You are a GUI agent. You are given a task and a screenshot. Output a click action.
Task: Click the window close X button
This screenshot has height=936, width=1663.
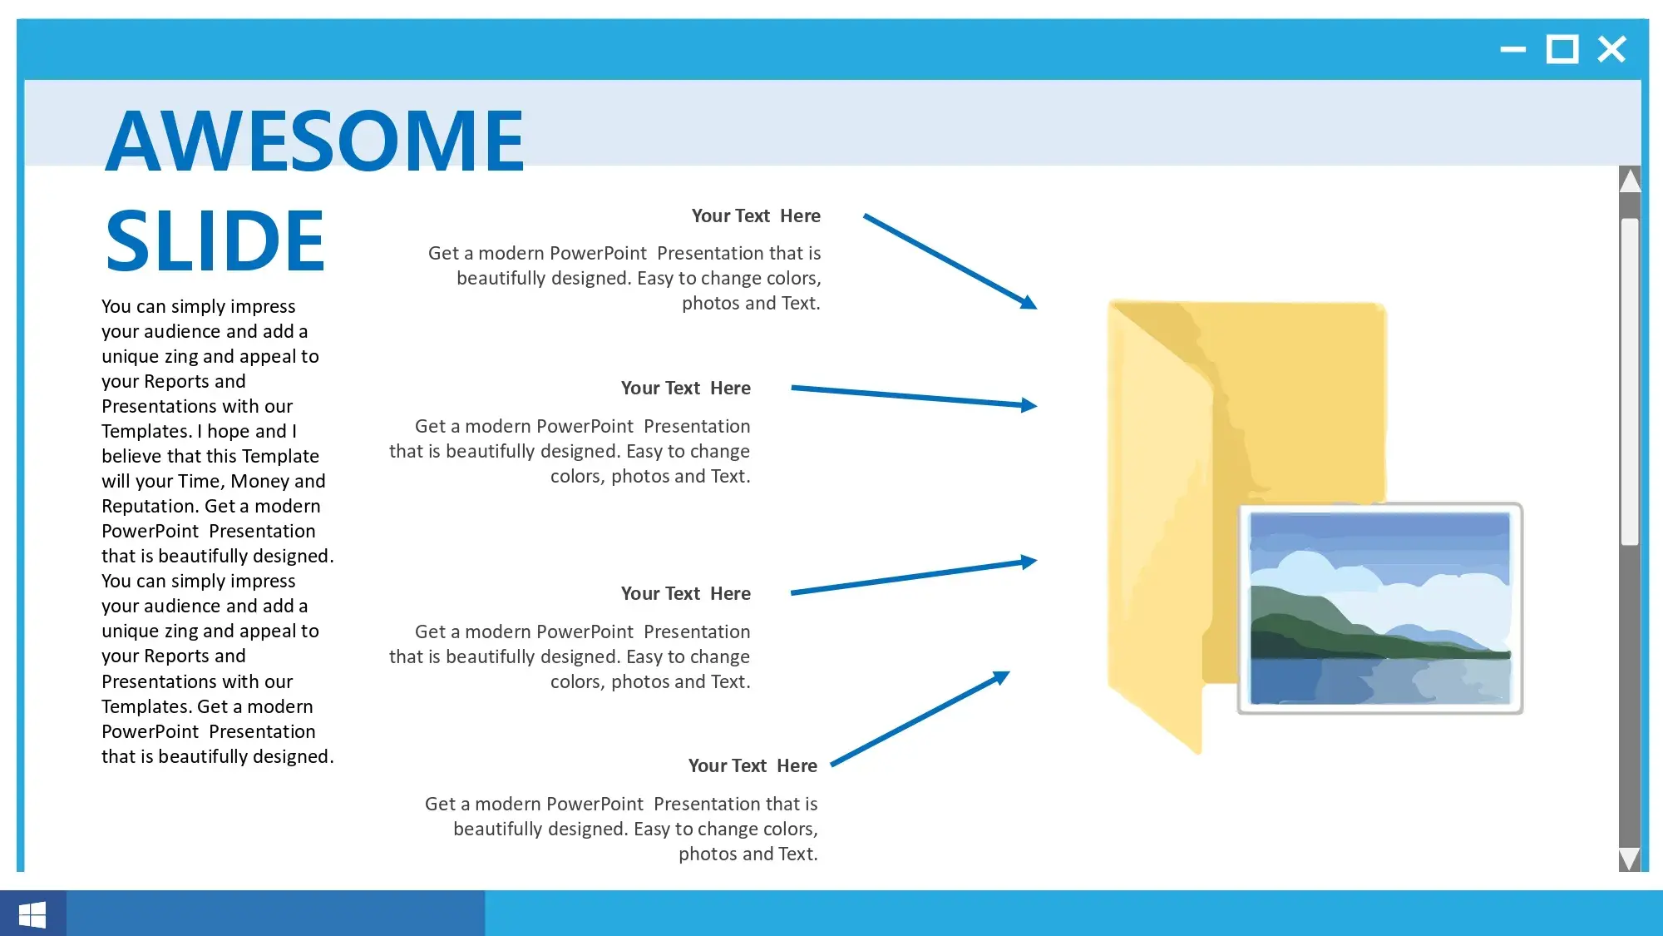tap(1611, 49)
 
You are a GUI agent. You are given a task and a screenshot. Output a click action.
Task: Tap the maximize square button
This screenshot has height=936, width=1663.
tap(1562, 49)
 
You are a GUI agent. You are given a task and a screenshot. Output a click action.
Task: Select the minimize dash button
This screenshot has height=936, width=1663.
tap(1512, 49)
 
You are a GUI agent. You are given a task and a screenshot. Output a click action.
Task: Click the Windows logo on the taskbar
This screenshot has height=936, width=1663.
tap(32, 914)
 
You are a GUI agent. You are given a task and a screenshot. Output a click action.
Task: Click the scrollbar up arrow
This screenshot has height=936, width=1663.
tap(1630, 180)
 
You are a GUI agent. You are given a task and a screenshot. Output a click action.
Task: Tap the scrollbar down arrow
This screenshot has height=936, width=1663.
tap(1630, 859)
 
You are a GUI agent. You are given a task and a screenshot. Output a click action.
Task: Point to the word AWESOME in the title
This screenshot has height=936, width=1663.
tap(315, 141)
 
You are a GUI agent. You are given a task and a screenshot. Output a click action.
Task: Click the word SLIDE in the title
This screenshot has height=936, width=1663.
tap(215, 240)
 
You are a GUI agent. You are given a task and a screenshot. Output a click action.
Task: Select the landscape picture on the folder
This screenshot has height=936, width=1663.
tap(1380, 608)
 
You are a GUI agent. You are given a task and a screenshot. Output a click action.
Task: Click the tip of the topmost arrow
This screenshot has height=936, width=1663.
tap(1037, 309)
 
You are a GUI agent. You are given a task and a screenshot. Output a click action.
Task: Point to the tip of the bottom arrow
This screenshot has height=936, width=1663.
tap(1009, 672)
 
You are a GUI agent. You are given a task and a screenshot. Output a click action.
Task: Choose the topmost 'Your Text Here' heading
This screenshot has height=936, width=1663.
tap(756, 216)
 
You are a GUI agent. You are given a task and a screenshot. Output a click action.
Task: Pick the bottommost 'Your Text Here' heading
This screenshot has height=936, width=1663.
tap(753, 766)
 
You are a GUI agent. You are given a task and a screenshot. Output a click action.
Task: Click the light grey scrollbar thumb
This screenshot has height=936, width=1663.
tap(1630, 382)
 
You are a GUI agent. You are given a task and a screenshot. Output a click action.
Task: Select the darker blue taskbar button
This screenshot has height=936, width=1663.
tap(275, 914)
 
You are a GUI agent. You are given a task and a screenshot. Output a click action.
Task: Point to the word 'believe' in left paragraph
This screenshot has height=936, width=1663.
tap(132, 456)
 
